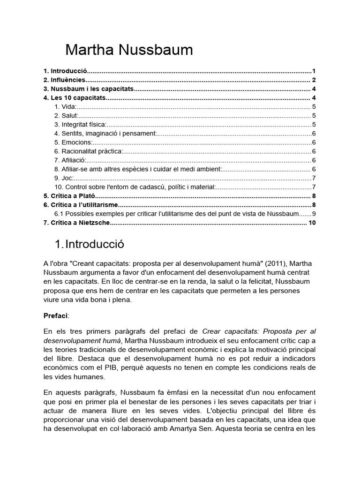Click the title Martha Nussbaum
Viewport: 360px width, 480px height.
[x=129, y=50]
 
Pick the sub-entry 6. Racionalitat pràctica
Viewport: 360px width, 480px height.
[x=89, y=151]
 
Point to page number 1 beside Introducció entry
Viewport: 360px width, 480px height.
[x=314, y=71]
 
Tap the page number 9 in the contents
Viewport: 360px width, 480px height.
[x=315, y=214]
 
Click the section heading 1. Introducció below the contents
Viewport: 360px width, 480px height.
[x=90, y=245]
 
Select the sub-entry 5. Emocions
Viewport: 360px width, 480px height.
[x=74, y=142]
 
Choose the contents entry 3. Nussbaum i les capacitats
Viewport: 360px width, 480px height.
[x=89, y=89]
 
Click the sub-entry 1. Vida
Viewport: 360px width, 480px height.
[x=65, y=107]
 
